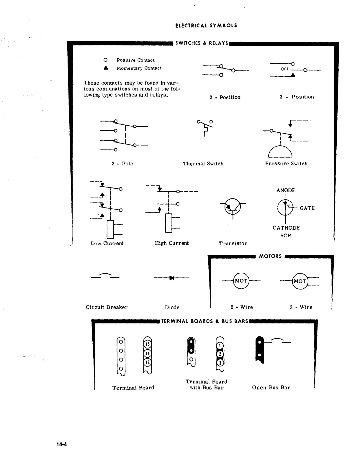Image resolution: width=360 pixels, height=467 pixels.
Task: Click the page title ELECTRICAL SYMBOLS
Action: coord(206,26)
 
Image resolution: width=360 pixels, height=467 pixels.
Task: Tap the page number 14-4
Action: coord(62,444)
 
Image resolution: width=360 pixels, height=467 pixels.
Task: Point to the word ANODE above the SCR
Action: coord(286,190)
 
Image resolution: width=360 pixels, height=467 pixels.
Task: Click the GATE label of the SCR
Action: coord(307,208)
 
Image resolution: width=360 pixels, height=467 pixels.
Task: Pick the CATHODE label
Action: coord(286,228)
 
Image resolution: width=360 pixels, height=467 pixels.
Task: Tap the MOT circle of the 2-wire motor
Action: coord(241,281)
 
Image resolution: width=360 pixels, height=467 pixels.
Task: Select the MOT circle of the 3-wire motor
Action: coord(300,281)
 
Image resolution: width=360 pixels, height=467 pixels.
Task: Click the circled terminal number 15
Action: coord(148,344)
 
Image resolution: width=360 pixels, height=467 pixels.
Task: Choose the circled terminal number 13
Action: coord(147,362)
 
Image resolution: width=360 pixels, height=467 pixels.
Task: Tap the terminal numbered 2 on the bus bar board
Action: coord(220,354)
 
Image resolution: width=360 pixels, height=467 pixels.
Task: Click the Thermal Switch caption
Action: coord(203,164)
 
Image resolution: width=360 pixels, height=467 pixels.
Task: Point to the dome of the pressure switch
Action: coord(280,152)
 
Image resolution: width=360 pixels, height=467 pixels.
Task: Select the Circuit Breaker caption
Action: coord(107,307)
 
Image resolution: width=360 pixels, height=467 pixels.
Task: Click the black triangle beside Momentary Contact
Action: coord(106,68)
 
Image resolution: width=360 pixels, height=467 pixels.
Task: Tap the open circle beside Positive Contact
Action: coord(105,60)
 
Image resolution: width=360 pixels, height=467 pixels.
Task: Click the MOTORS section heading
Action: coord(270,256)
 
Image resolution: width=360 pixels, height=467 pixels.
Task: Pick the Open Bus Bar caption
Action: coord(271,388)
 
